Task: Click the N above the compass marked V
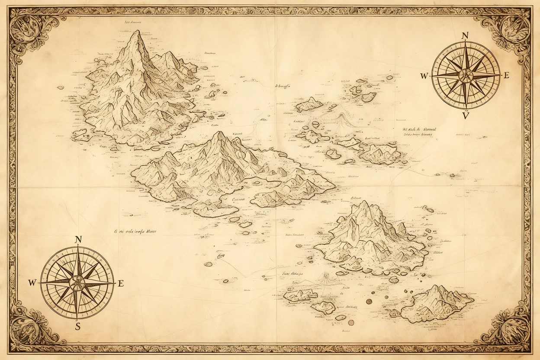point(466,36)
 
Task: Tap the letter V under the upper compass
point(466,116)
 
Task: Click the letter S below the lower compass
point(78,327)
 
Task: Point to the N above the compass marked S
point(78,240)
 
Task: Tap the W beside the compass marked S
point(32,283)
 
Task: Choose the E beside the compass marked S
point(121,283)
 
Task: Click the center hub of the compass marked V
point(466,76)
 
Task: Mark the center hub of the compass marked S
point(77,283)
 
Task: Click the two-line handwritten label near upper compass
point(419,132)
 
